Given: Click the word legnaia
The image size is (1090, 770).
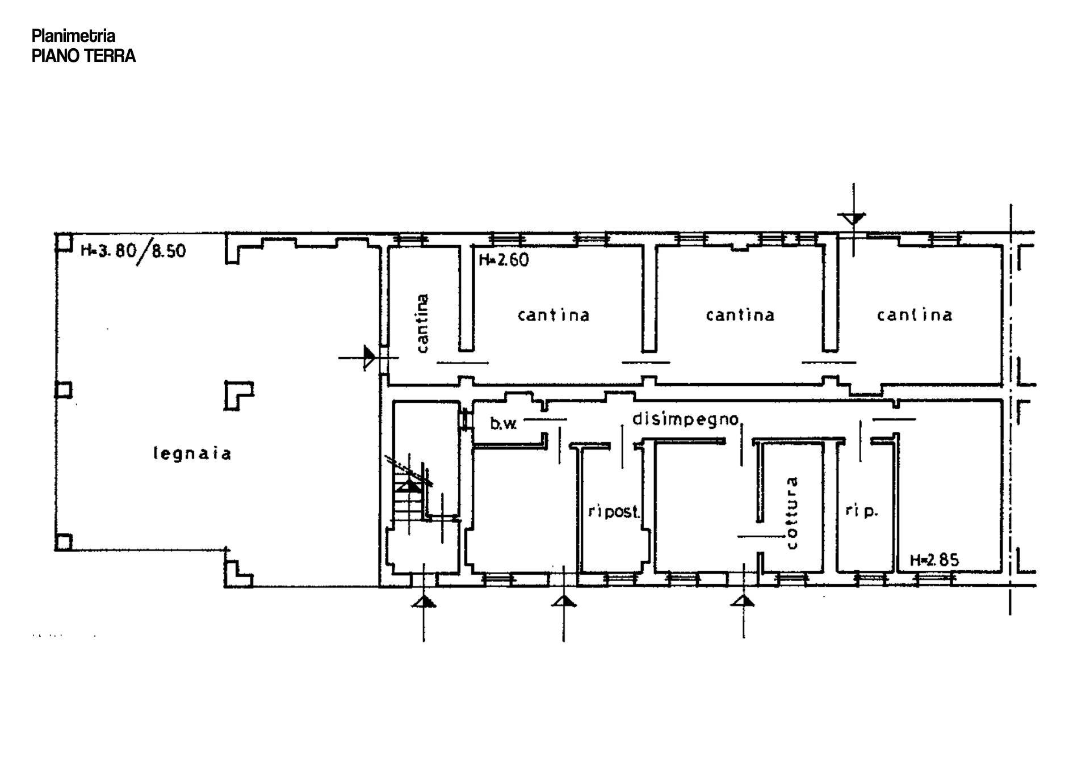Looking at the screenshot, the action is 192,454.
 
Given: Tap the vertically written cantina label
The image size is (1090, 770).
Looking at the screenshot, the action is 422,323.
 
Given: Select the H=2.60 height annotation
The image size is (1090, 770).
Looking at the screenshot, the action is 504,260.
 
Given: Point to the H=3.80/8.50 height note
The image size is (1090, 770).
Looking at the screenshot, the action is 133,250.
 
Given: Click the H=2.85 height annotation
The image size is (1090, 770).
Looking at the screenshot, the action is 934,560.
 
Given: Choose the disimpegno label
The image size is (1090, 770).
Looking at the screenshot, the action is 686,419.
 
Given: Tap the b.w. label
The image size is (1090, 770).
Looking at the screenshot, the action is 504,423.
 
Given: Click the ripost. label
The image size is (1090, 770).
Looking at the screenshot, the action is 614,512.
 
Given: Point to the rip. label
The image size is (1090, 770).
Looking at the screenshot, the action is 861,511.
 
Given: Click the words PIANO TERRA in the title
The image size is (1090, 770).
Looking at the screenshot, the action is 84,56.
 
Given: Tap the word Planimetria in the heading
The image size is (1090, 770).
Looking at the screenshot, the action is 74,36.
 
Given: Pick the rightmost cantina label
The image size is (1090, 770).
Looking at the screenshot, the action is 915,315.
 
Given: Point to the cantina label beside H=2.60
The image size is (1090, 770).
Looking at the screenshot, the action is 554,315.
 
